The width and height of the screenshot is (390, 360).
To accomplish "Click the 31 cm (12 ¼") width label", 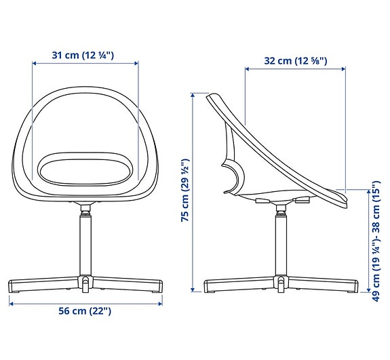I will click(85, 55).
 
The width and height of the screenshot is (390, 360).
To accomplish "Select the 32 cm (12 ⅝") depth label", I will click(295, 60).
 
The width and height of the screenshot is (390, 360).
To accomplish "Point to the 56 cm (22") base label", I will click(85, 311).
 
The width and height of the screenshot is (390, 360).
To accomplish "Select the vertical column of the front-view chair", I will click(85, 244).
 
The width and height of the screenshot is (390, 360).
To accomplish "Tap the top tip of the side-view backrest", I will click(210, 96).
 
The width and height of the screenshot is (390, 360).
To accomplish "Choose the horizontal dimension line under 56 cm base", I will click(85, 302).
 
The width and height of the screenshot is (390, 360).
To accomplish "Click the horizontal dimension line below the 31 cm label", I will click(85, 65).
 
